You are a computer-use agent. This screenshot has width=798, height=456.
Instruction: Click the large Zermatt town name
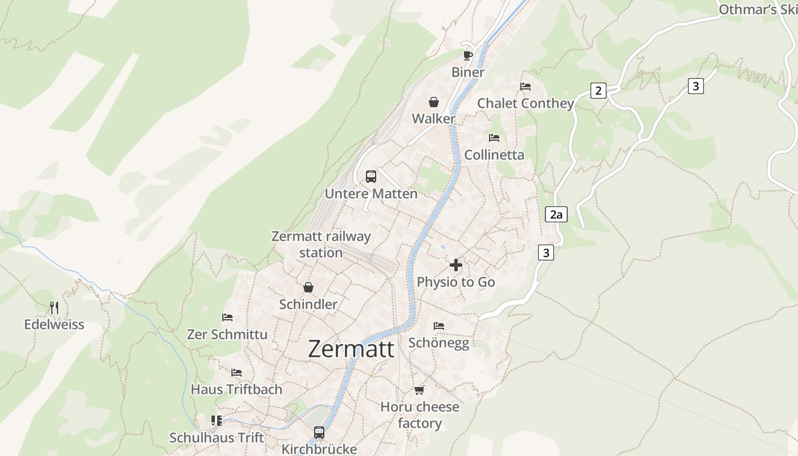tap(351, 349)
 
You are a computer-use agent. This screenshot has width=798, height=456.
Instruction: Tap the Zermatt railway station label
tap(321, 244)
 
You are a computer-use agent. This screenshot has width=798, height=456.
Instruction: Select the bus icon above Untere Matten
tap(371, 177)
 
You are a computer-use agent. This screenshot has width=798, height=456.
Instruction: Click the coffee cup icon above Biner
tap(467, 55)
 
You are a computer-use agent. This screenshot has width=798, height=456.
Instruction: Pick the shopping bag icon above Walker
tap(434, 102)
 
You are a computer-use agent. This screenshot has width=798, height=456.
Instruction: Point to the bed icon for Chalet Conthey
tap(526, 87)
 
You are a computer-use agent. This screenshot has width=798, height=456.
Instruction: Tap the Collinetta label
tap(494, 154)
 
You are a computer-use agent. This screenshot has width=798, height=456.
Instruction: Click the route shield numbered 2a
tap(556, 214)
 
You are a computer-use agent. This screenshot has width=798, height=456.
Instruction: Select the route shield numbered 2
tap(598, 91)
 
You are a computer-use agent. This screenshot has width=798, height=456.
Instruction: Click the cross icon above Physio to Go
tap(456, 265)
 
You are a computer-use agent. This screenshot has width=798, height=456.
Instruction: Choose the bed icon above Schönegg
tap(439, 326)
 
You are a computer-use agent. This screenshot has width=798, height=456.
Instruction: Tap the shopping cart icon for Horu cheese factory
tap(420, 390)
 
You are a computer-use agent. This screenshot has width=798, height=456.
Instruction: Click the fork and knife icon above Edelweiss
tap(54, 308)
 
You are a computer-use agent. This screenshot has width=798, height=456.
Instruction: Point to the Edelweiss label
tap(54, 324)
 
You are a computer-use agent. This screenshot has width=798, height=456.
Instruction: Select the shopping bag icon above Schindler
tap(308, 287)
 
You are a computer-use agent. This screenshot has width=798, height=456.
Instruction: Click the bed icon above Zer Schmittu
tap(227, 317)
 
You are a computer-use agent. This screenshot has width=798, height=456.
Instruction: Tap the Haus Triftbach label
tap(237, 389)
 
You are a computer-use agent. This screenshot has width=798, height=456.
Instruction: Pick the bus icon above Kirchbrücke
tap(319, 433)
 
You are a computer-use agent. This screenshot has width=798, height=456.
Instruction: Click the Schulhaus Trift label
tap(217, 438)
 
